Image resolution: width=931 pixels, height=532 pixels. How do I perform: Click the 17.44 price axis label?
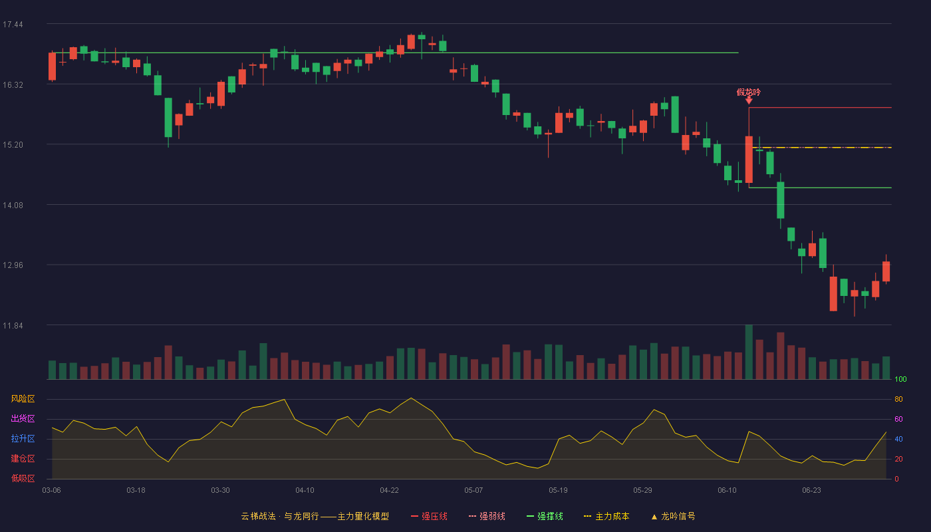click(13, 25)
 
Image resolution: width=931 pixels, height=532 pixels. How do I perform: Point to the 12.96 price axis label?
click(13, 265)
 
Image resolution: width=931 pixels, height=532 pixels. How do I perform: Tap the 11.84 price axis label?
click(13, 325)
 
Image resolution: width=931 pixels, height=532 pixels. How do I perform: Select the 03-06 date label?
click(52, 491)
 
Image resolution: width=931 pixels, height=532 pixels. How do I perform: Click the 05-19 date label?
click(558, 491)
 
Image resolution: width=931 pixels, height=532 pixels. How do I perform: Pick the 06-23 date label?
click(812, 491)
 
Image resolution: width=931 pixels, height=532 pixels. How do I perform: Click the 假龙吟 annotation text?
click(749, 92)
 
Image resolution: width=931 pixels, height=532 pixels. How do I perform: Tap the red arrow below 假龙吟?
click(749, 100)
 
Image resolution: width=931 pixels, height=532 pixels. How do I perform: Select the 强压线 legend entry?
click(429, 517)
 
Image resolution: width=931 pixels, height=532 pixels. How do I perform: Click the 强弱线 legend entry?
click(487, 517)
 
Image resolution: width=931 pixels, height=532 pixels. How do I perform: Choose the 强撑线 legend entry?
click(545, 517)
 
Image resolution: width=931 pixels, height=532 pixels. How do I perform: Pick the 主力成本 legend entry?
click(606, 517)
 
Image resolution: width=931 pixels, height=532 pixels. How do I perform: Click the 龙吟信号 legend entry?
click(673, 517)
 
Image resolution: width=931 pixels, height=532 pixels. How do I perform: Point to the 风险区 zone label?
click(23, 399)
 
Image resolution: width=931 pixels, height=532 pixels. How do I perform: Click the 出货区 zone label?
click(23, 418)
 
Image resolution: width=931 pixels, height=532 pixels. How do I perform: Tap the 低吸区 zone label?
click(23, 478)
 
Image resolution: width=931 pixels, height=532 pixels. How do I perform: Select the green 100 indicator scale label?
click(900, 379)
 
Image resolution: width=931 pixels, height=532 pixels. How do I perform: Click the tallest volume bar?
click(749, 352)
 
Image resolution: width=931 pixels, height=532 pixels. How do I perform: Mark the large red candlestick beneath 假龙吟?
click(749, 160)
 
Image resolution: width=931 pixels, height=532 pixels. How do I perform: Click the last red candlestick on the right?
click(886, 271)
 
